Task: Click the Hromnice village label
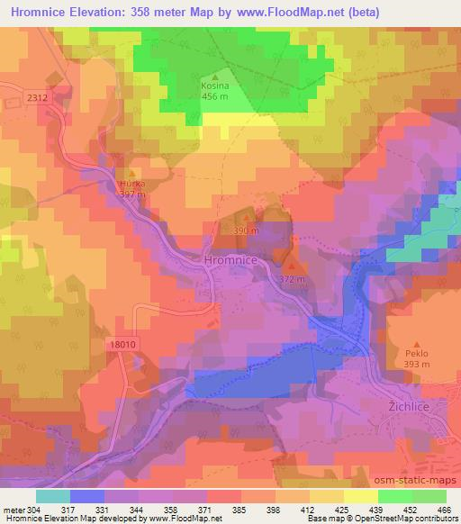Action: (x=231, y=259)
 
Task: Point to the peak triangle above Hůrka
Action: (x=132, y=172)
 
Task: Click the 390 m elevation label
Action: (x=246, y=230)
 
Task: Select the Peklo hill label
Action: (x=417, y=354)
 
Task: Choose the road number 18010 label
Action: (x=127, y=344)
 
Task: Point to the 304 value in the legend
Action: (x=30, y=509)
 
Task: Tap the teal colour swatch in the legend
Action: (x=53, y=495)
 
